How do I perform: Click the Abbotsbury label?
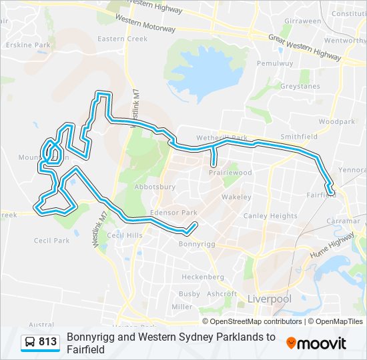tap(155, 187)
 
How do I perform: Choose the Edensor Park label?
tap(173, 213)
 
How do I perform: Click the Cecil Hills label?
tap(125, 235)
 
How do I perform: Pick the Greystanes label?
tap(300, 86)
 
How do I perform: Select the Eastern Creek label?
tap(122, 39)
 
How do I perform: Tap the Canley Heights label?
tap(270, 215)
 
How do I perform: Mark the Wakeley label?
tap(236, 197)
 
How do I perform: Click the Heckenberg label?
tap(203, 276)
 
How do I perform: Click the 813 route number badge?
tap(40, 342)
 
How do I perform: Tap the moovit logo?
tap(316, 343)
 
